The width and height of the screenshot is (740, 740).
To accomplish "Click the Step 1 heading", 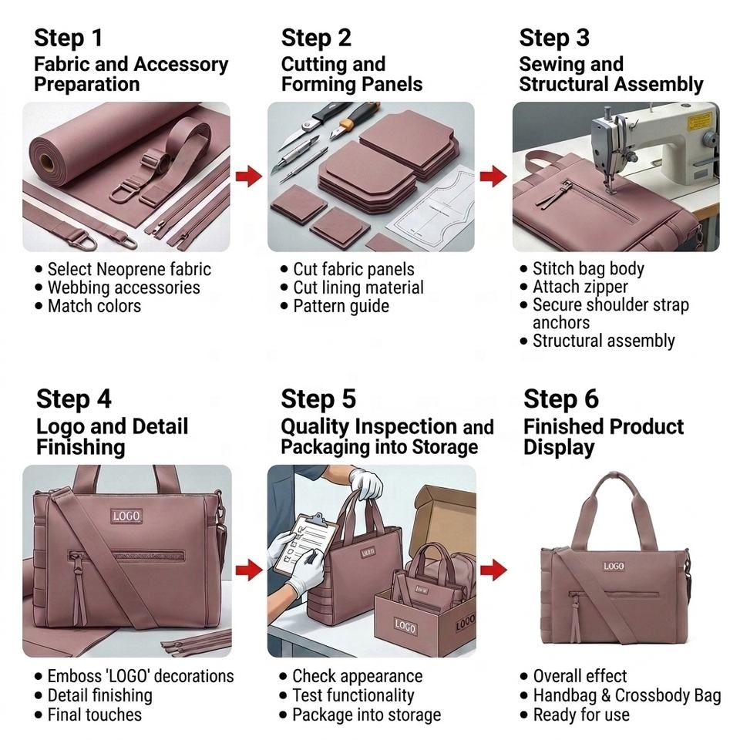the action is click(69, 38).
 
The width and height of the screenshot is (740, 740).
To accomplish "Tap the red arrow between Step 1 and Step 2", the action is click(249, 176).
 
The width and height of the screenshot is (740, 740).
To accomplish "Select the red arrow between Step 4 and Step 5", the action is click(249, 570).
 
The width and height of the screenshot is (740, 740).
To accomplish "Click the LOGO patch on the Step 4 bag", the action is click(126, 516).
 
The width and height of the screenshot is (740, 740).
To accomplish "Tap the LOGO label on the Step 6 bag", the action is click(614, 566).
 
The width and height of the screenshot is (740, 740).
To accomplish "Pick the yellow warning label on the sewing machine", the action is click(699, 121).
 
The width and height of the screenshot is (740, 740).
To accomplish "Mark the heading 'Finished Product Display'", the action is click(604, 436).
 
